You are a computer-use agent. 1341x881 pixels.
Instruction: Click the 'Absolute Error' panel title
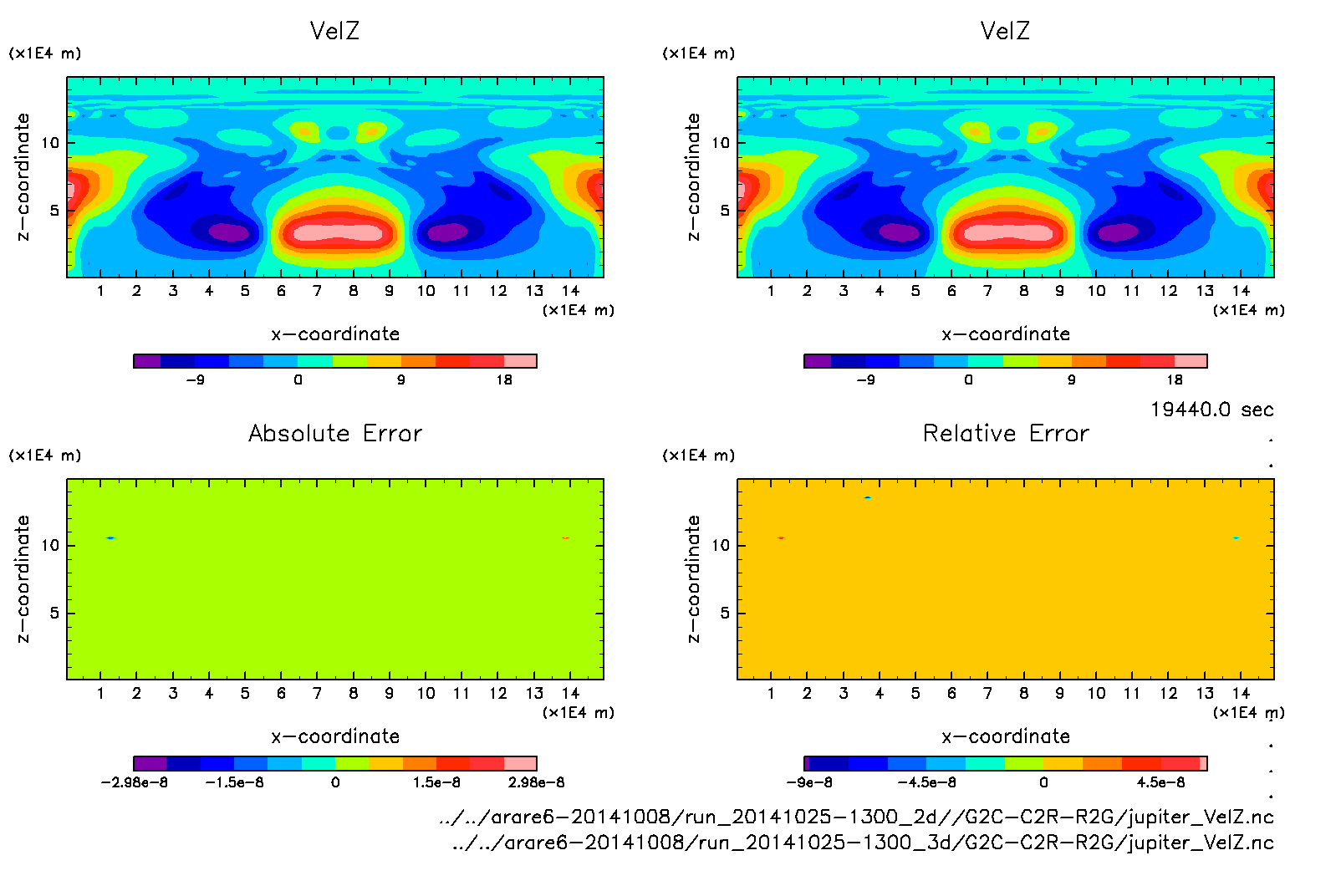tap(335, 433)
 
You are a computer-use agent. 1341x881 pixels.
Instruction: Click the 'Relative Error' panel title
tap(1006, 433)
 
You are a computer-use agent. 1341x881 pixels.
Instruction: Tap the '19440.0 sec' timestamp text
tap(1211, 410)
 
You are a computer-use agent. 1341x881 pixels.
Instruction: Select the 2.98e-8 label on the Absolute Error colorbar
tap(536, 782)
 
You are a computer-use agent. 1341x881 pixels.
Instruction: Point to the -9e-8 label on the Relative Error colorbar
tap(808, 782)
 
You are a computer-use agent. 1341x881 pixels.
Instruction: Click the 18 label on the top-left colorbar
tap(504, 379)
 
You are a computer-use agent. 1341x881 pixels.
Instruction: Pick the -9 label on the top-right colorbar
tap(865, 379)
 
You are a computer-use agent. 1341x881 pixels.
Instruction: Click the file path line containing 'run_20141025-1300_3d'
tap(862, 843)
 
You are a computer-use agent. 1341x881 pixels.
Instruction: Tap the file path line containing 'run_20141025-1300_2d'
tap(856, 817)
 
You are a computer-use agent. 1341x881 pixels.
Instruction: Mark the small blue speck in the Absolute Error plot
tap(110, 537)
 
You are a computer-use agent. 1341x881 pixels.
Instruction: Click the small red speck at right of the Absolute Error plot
tap(566, 537)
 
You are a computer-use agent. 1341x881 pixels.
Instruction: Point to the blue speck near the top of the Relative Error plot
tap(868, 497)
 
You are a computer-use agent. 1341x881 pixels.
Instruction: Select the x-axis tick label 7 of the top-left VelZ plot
tap(317, 291)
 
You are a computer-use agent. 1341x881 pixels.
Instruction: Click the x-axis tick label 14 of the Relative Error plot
tap(1241, 693)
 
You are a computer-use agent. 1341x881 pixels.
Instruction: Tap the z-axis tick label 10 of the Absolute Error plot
tap(50, 545)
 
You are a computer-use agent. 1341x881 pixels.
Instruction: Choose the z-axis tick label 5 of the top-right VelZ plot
tap(724, 211)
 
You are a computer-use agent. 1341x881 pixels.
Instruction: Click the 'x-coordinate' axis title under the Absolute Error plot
tap(335, 736)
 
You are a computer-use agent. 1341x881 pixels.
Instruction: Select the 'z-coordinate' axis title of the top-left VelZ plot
tap(23, 177)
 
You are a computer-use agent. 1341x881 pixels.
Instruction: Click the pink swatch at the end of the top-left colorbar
tap(520, 361)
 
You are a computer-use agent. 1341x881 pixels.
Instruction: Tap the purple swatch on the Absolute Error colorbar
tap(150, 763)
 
